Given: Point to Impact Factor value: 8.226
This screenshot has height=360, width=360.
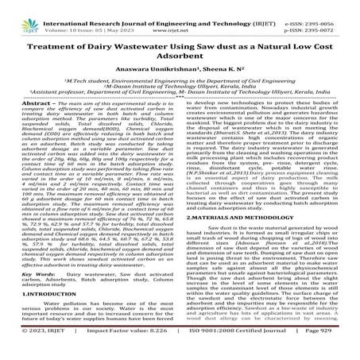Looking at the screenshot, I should (x=122, y=347).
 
